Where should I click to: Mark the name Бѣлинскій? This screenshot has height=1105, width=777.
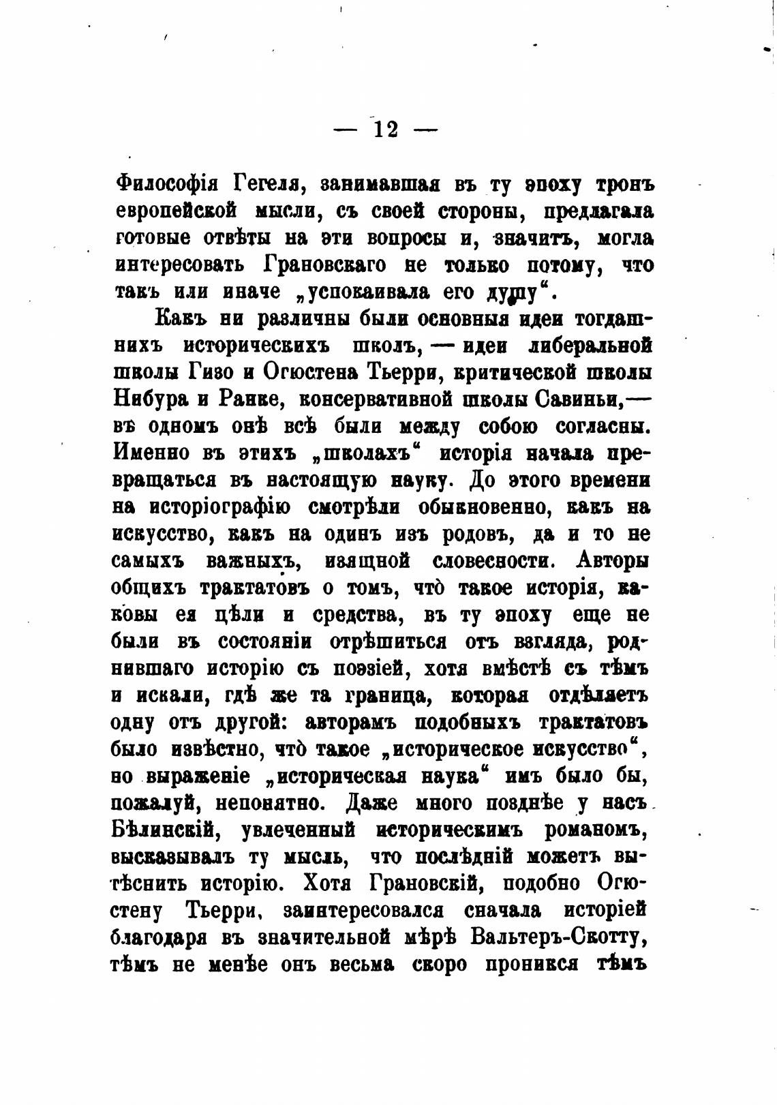[162, 830]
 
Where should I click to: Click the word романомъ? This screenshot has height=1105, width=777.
[596, 830]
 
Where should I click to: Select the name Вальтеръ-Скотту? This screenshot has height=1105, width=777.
[558, 937]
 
